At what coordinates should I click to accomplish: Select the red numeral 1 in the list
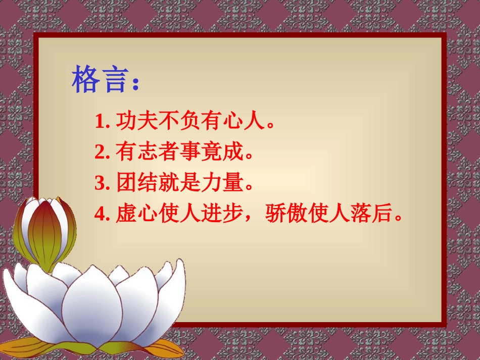click(x=99, y=122)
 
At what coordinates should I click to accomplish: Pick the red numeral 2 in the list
click(x=99, y=152)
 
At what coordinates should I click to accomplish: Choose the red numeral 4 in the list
click(x=99, y=215)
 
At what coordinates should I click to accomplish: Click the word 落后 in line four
click(x=372, y=214)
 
